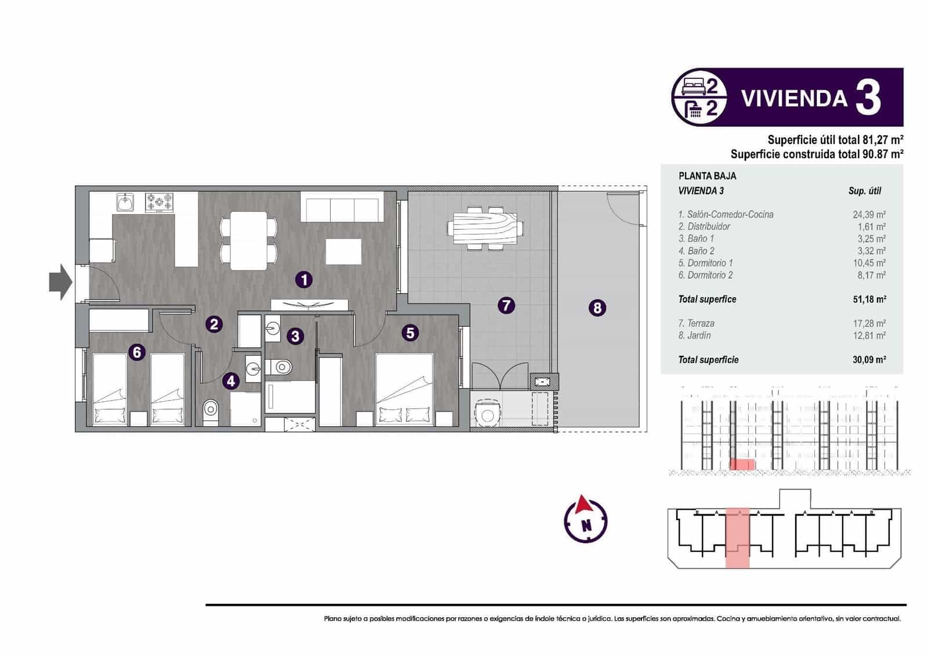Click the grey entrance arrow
[x=60, y=282]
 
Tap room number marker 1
[x=304, y=280]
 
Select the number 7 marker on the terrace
[x=506, y=305]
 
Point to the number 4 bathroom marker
[x=231, y=381]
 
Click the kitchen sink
[x=125, y=202]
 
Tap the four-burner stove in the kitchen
[x=159, y=202]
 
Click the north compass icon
[x=586, y=518]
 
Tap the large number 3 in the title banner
[x=868, y=98]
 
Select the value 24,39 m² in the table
[x=868, y=214]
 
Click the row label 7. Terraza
[x=696, y=323]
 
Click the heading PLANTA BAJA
[x=707, y=176]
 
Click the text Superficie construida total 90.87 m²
[x=817, y=154]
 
